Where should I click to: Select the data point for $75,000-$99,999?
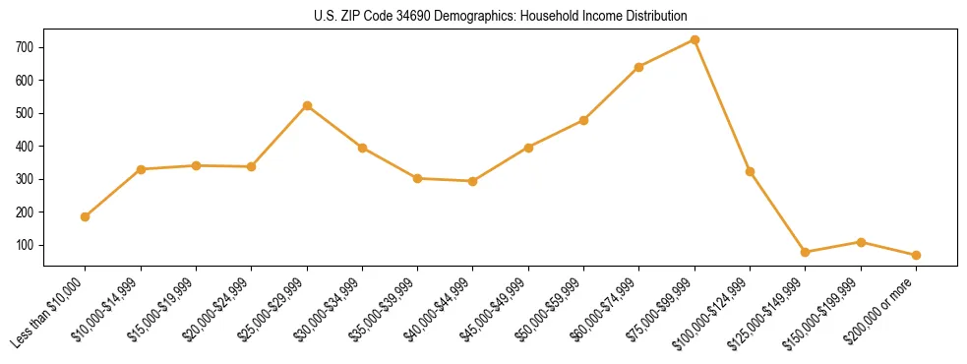coord(695,40)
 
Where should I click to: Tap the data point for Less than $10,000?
coord(86,216)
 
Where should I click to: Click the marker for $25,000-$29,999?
coord(307,105)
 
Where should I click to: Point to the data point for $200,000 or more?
coord(916,255)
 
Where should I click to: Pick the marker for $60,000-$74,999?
coord(639,67)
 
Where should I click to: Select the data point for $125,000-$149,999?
coord(806,252)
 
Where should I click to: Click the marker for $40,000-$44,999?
coord(473,181)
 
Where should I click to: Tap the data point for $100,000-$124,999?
coord(750,171)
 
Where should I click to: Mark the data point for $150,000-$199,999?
coord(861,242)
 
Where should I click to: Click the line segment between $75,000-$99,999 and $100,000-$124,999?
coord(722,106)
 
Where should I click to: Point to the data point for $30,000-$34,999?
coord(362,148)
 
